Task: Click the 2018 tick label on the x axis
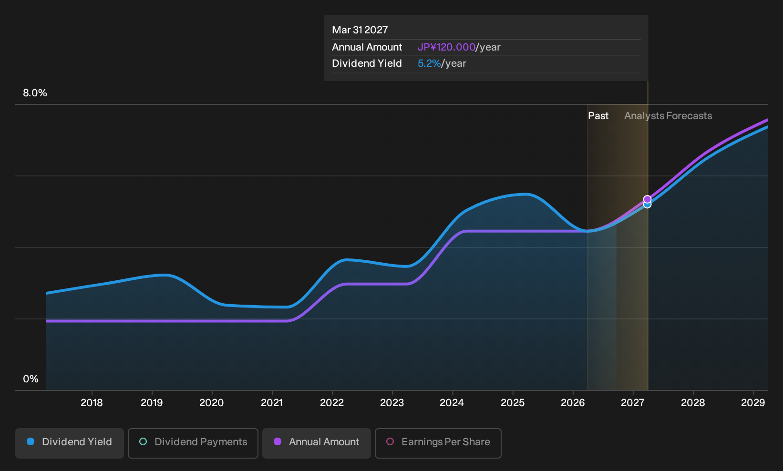coord(92,403)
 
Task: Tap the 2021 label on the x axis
coord(272,403)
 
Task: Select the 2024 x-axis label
coord(452,403)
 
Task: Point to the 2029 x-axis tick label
coord(753,403)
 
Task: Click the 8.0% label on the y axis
coord(35,93)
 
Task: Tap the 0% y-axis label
coord(31,379)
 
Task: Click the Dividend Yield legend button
coord(70,443)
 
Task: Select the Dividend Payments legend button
coord(193,443)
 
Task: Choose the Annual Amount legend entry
coord(316,443)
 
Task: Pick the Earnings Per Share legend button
coord(438,443)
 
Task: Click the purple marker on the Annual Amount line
coord(648,199)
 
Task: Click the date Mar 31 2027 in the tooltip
coord(360,30)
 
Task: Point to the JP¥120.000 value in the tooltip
coord(446,47)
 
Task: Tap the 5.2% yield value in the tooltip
coord(429,63)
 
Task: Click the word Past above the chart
coord(598,116)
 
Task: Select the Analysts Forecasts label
coord(668,116)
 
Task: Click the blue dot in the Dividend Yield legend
coord(31,441)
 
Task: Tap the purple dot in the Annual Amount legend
coord(278,441)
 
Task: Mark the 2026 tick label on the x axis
coord(573,403)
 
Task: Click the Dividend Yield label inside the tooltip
coord(367,63)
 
